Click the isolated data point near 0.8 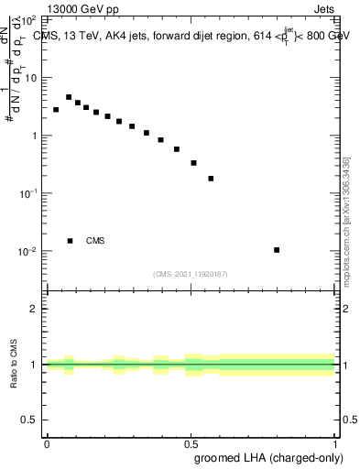pos(277,250)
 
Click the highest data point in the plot pos(69,97)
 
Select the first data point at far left pos(56,110)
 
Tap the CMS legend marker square pos(70,241)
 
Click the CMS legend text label pos(95,241)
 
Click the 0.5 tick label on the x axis pos(191,442)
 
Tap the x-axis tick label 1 pos(334,442)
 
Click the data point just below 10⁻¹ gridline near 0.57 pos(211,179)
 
